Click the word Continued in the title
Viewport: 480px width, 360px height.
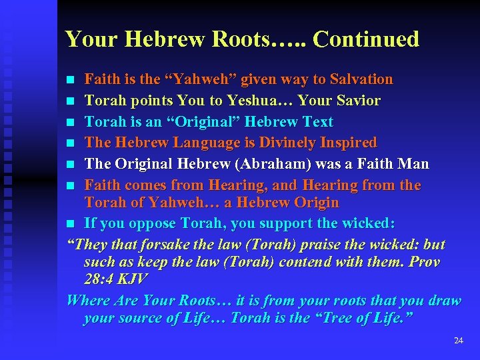pyautogui.click(x=366, y=39)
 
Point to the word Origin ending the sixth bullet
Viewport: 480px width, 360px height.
pyautogui.click(x=315, y=202)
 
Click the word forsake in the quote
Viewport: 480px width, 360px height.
pyautogui.click(x=171, y=245)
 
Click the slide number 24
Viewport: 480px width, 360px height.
pyautogui.click(x=458, y=341)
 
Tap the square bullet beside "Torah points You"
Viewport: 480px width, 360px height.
pyautogui.click(x=72, y=101)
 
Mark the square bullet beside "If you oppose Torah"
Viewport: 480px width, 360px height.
pyautogui.click(x=72, y=224)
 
